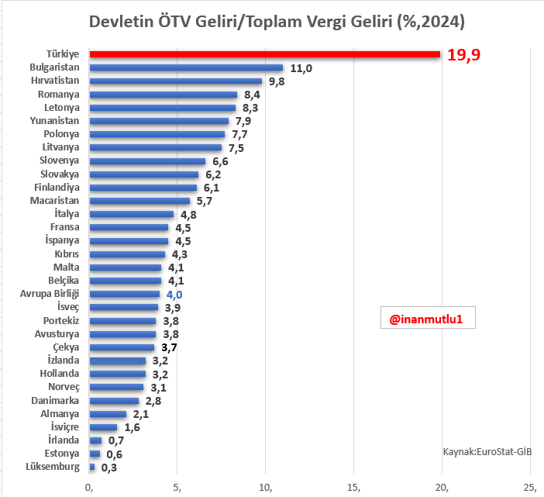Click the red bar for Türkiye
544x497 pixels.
pyautogui.click(x=264, y=54)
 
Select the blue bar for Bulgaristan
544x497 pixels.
pyautogui.click(x=186, y=67)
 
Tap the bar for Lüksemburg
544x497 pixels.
pyautogui.click(x=92, y=467)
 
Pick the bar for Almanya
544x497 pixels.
pyautogui.click(x=108, y=414)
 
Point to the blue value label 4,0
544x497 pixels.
pyautogui.click(x=174, y=295)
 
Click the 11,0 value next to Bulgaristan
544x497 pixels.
pyautogui.click(x=301, y=68)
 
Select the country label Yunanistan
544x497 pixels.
pyautogui.click(x=54, y=121)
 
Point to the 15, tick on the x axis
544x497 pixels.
pyautogui.click(x=354, y=487)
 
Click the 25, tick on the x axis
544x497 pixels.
pyautogui.click(x=530, y=487)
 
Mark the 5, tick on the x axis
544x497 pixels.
pyautogui.click(x=178, y=487)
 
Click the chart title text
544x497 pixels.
pyautogui.click(x=277, y=22)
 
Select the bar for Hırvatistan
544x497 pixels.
pyautogui.click(x=176, y=81)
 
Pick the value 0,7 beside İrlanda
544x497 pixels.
pyautogui.click(x=115, y=441)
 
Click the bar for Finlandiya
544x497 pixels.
pyautogui.click(x=143, y=188)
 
